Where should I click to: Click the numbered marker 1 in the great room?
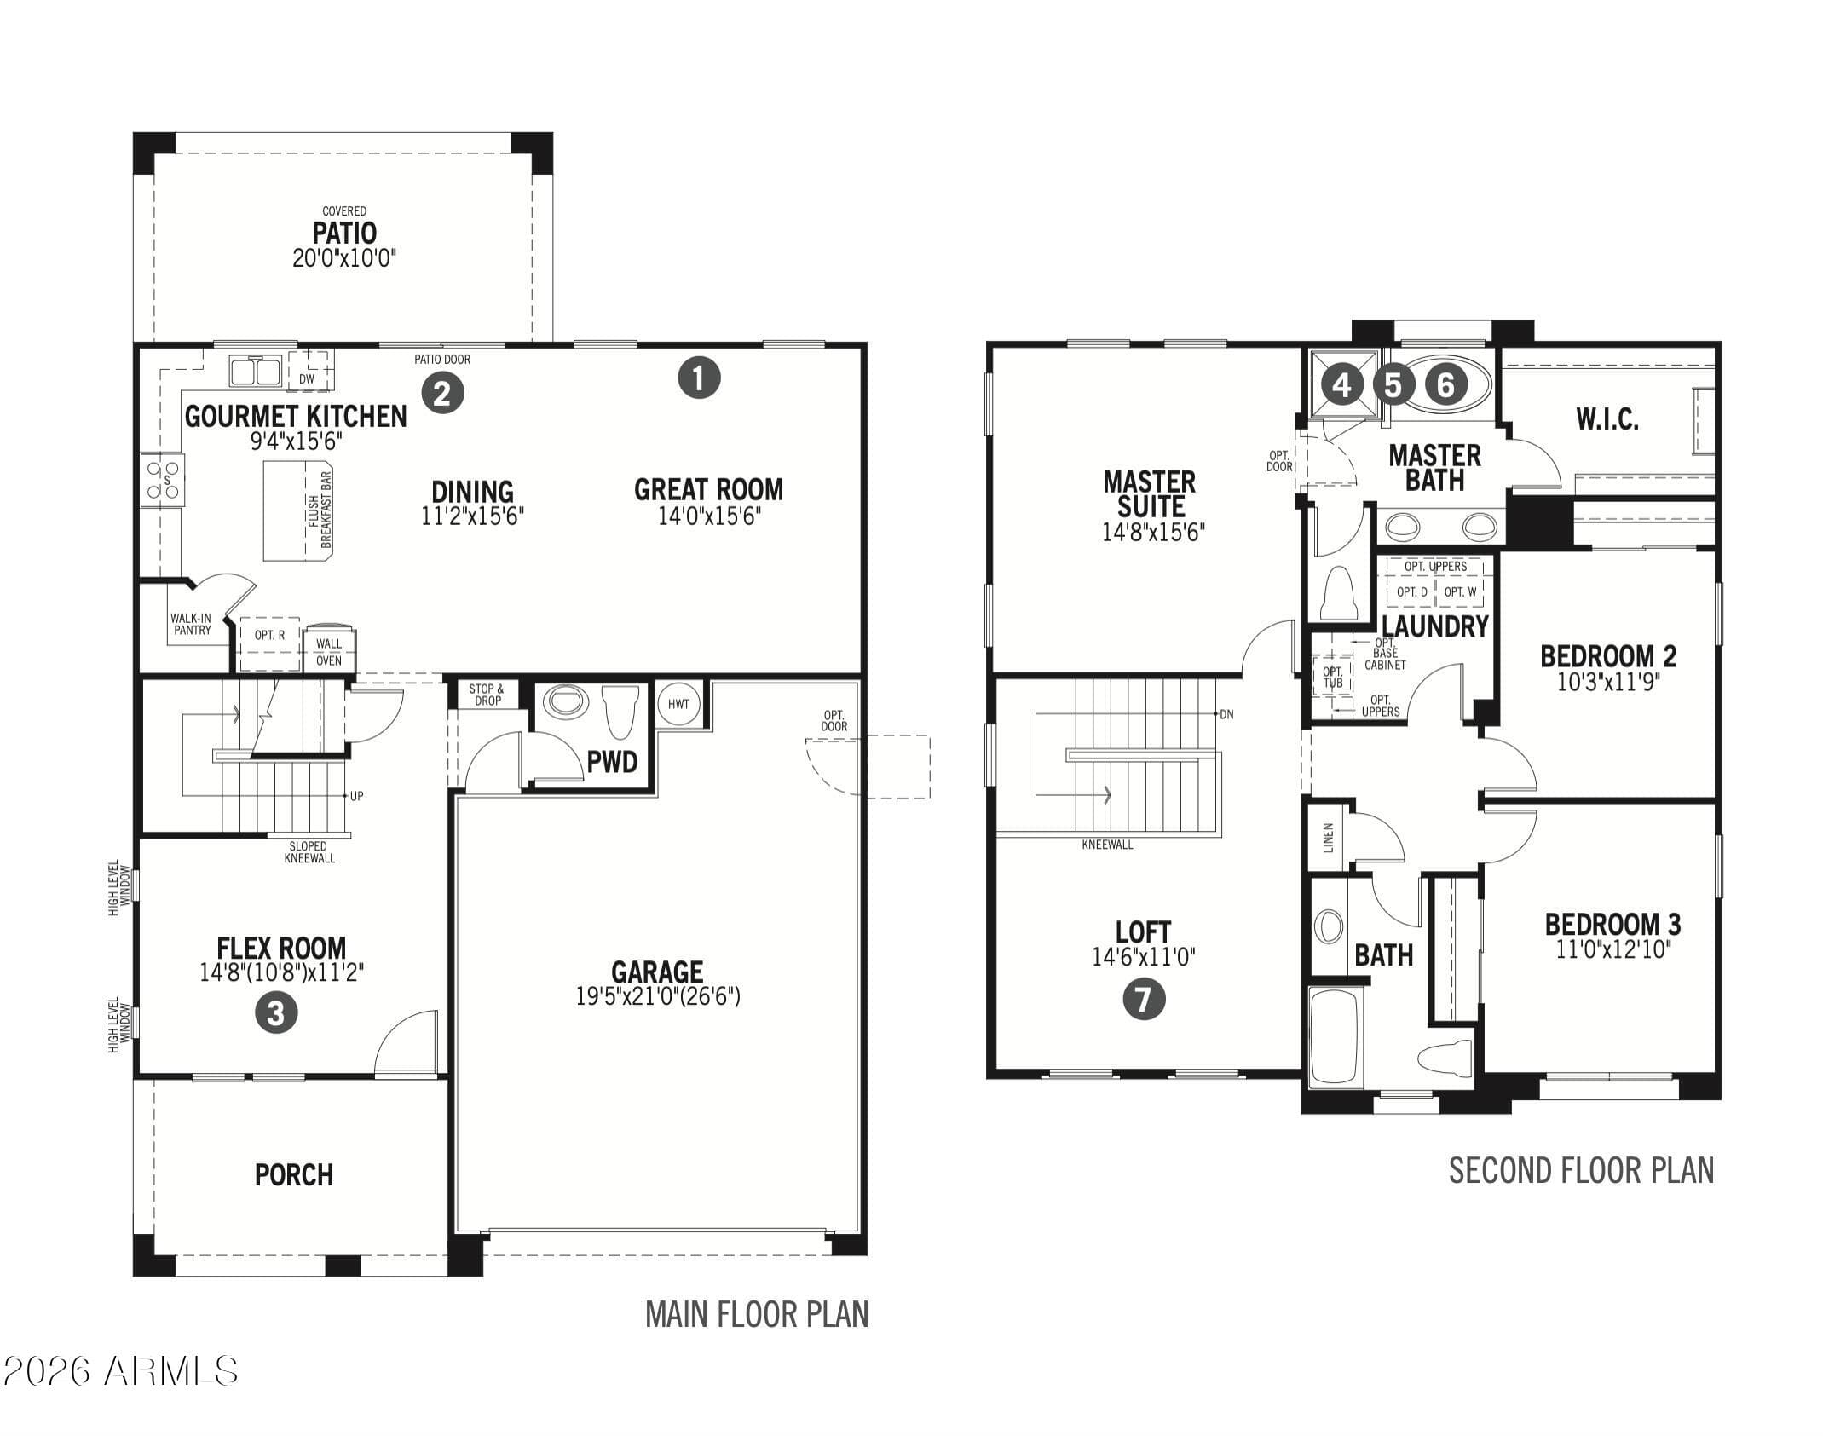pyautogui.click(x=699, y=378)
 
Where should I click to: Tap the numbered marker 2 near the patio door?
pyautogui.click(x=442, y=393)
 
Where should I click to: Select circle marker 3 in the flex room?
pyautogui.click(x=276, y=1013)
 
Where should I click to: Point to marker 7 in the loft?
pyautogui.click(x=1144, y=999)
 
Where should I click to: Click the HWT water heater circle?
pyautogui.click(x=678, y=704)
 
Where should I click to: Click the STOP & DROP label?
pyautogui.click(x=487, y=695)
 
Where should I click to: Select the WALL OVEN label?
pyautogui.click(x=329, y=652)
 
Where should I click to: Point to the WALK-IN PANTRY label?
pyautogui.click(x=192, y=624)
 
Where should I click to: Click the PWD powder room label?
pyautogui.click(x=612, y=761)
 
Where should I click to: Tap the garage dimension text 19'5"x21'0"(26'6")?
pyautogui.click(x=658, y=995)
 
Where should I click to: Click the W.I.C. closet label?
pyautogui.click(x=1607, y=418)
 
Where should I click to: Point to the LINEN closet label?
pyautogui.click(x=1329, y=837)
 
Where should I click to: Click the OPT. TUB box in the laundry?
pyautogui.click(x=1334, y=678)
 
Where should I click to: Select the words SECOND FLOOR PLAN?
pyautogui.click(x=1581, y=1171)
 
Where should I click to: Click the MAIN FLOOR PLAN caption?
pyautogui.click(x=757, y=1314)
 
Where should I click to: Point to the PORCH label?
pyautogui.click(x=294, y=1175)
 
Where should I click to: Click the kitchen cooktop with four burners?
pyautogui.click(x=163, y=480)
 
